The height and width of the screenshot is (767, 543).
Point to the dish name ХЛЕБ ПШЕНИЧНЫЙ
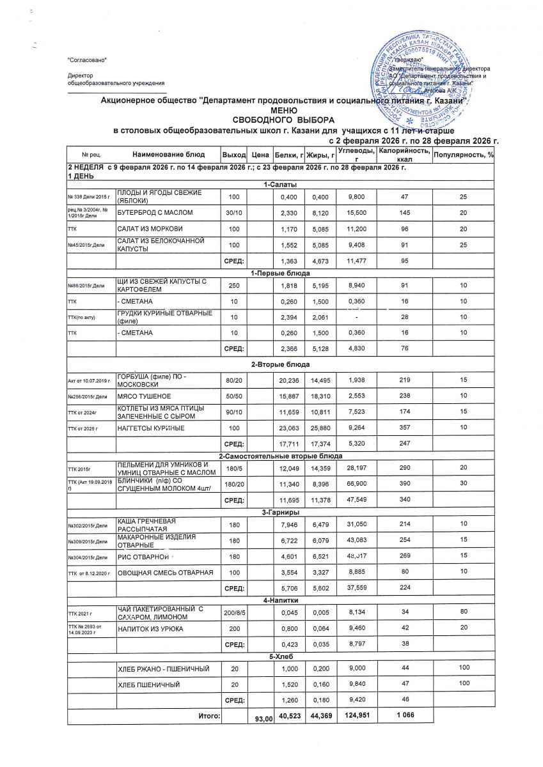146,685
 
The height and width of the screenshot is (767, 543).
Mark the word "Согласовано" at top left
87,59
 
